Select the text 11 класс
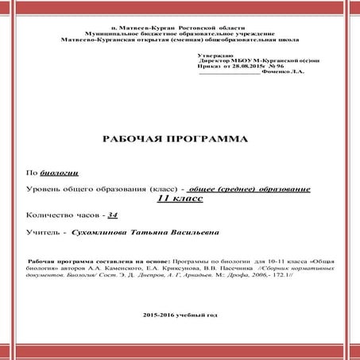[x=180, y=199]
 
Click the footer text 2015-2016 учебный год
[x=180, y=315]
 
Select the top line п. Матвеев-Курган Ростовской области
[x=180, y=27]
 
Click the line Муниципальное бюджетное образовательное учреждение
[x=180, y=33]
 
